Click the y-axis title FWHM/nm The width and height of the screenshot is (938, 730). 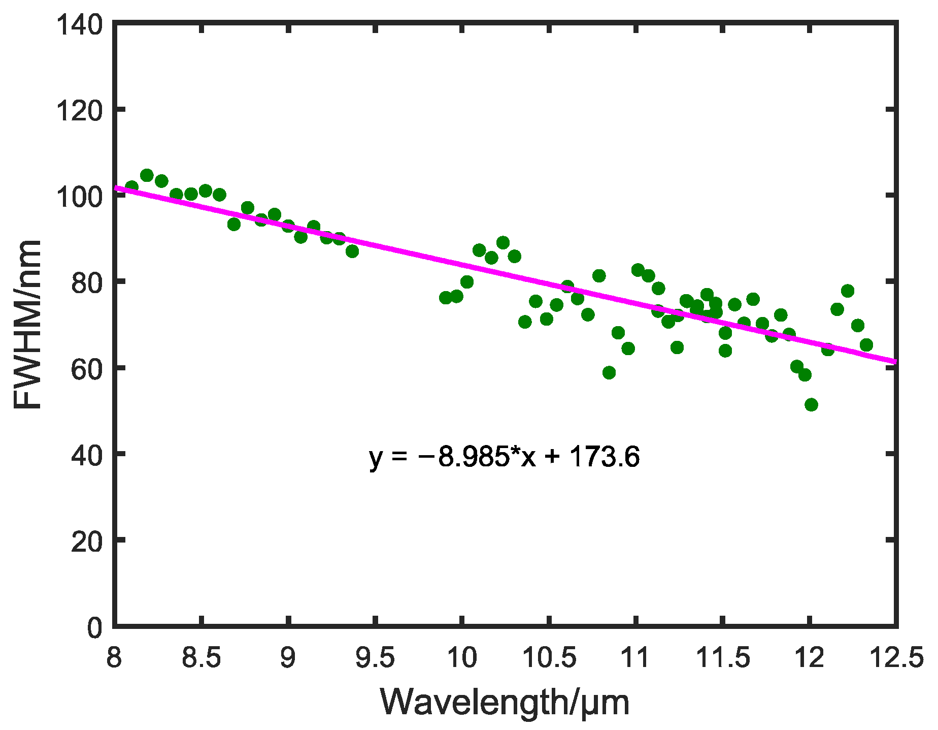tap(28, 325)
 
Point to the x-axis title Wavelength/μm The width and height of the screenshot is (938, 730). tap(505, 703)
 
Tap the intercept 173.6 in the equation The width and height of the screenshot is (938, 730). tap(604, 457)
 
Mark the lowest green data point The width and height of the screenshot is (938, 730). tap(811, 405)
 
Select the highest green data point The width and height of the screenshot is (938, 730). tap(147, 175)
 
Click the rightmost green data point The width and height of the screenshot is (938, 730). tap(866, 345)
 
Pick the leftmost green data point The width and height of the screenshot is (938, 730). tap(132, 186)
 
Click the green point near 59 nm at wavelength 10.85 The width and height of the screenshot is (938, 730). tap(609, 372)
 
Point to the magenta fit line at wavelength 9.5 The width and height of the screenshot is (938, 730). tap(375, 246)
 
